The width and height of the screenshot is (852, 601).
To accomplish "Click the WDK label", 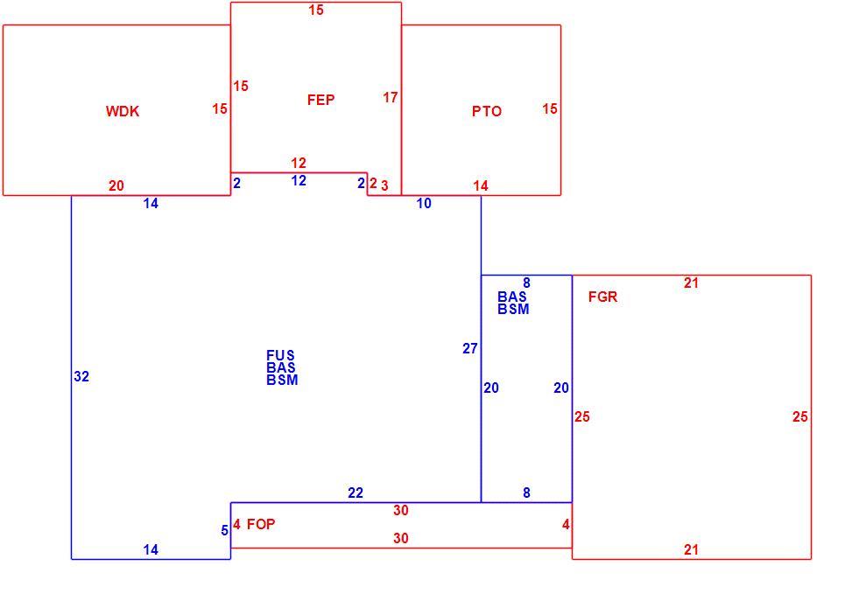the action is (x=123, y=111).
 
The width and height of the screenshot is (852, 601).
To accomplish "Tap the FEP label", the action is (x=320, y=100).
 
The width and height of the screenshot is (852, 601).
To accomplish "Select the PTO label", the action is (x=486, y=111).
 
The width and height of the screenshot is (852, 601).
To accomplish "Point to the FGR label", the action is (x=602, y=297).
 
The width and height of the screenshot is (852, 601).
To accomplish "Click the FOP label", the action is (x=261, y=524).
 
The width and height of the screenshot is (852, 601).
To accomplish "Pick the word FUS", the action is (x=280, y=355).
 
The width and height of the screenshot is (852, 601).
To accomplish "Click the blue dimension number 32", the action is (x=81, y=376).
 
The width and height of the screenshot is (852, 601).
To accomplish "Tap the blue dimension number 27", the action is (x=470, y=348).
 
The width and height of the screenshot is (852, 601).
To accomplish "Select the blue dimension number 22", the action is (x=356, y=493).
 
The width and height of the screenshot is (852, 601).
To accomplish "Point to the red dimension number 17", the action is (x=391, y=97).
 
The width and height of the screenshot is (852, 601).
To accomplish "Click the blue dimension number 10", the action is (x=424, y=204).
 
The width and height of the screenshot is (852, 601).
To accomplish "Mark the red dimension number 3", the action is (x=384, y=186).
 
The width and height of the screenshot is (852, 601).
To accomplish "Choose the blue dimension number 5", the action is (x=224, y=530).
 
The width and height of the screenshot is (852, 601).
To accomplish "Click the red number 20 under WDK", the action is (x=116, y=185).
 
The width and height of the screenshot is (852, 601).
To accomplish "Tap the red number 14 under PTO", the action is (x=481, y=185).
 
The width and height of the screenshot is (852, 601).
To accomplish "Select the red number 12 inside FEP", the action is (x=299, y=163).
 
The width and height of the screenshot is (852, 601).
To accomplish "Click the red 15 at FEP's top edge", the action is (x=316, y=10).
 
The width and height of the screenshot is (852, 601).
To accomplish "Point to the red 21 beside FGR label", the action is (x=691, y=283).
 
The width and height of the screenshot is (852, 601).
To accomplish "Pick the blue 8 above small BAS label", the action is (x=526, y=283).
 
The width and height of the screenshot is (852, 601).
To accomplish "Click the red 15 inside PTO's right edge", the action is (x=550, y=108).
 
